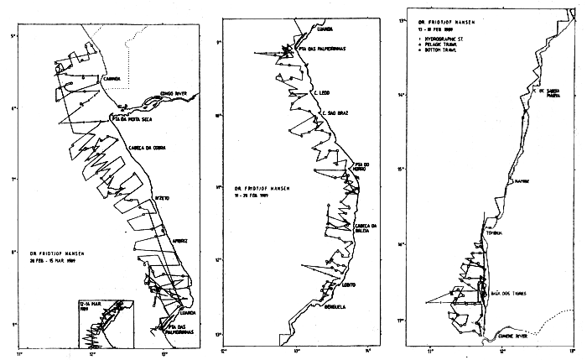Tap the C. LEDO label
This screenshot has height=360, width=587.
[x=320, y=93]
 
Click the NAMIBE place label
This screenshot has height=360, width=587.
[x=522, y=180]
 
